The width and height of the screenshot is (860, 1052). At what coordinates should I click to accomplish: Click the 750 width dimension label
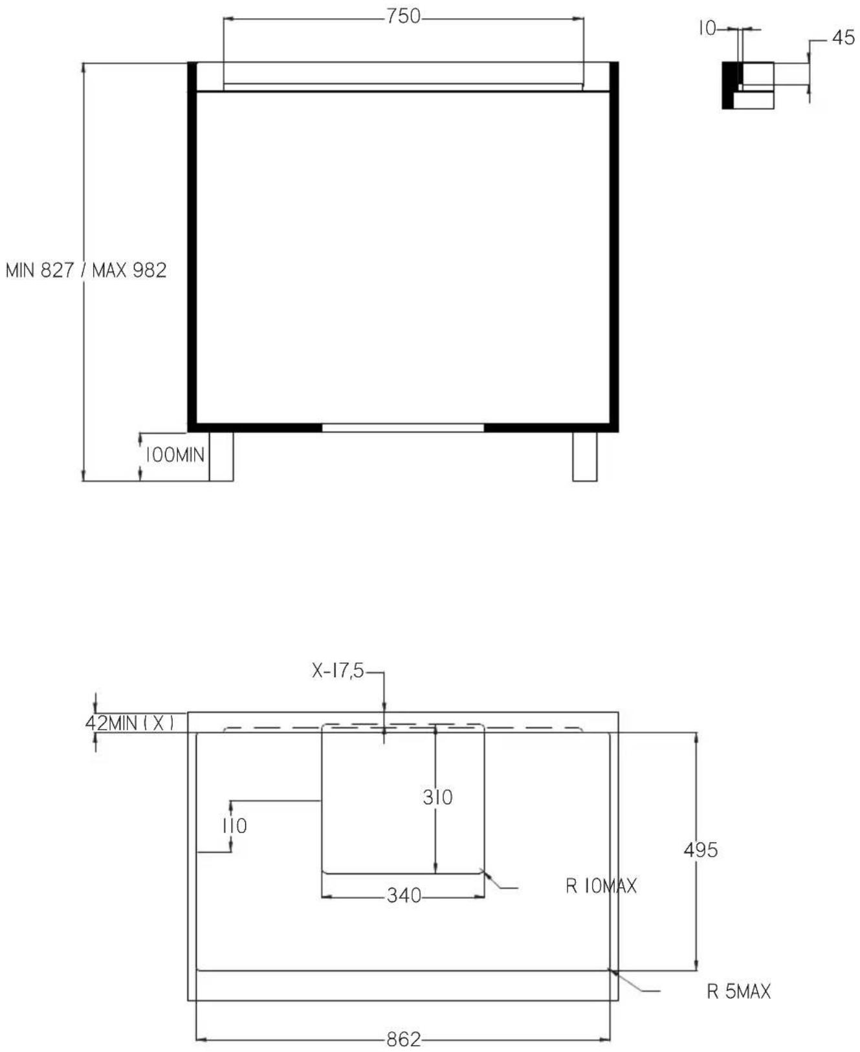click(x=404, y=16)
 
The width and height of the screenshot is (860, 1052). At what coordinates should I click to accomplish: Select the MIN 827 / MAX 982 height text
click(x=86, y=270)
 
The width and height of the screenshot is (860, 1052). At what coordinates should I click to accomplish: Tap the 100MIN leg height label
click(x=174, y=455)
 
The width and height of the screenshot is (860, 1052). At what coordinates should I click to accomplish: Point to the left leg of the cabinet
click(x=221, y=457)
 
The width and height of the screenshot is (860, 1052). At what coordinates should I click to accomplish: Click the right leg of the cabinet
click(x=585, y=457)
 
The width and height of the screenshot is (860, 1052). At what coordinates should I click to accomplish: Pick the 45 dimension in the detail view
click(x=843, y=38)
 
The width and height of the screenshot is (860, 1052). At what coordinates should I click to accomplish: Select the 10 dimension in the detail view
click(x=707, y=28)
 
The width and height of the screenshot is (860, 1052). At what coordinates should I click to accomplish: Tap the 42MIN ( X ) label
click(x=130, y=723)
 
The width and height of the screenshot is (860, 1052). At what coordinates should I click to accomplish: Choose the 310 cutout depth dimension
click(x=437, y=797)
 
